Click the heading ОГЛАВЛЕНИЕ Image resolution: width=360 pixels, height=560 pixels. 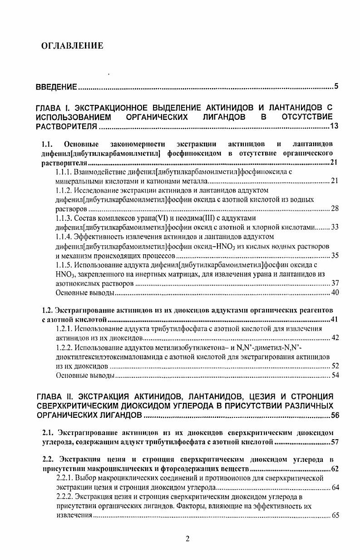coord(72,45)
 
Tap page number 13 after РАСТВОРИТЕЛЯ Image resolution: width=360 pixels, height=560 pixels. coord(334,126)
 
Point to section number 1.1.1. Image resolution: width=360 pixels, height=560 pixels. coord(65,172)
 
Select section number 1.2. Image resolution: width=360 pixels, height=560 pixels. coord(46,310)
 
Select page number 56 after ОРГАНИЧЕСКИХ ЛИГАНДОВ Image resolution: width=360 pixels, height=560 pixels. coord(334,416)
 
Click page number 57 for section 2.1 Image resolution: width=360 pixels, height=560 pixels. coord(334,441)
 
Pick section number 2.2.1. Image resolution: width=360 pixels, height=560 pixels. coord(65,478)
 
